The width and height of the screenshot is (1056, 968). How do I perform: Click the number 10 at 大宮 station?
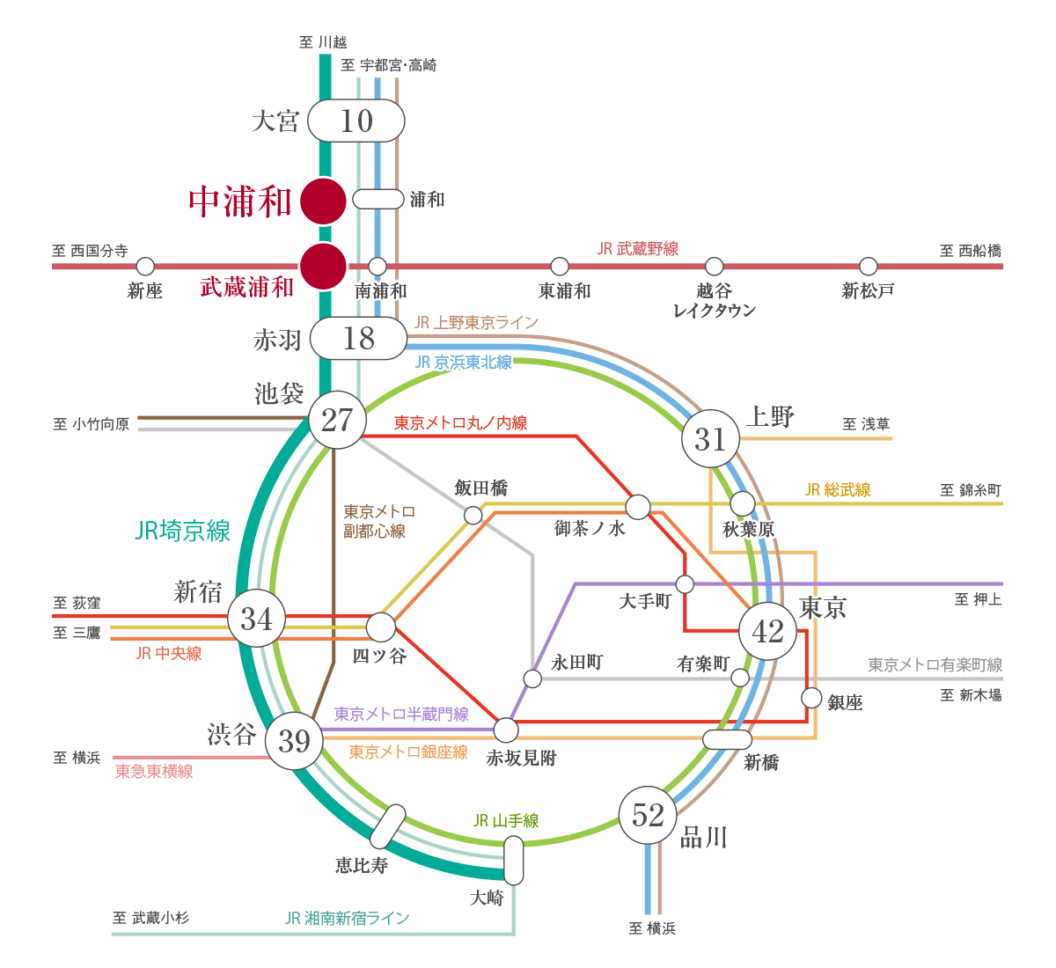(356, 121)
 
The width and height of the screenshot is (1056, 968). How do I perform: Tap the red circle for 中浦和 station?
(323, 201)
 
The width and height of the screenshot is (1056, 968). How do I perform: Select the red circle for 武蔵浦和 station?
(323, 266)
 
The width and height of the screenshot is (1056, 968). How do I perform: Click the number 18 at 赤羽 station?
(359, 339)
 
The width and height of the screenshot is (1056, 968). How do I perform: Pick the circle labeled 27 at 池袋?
(337, 421)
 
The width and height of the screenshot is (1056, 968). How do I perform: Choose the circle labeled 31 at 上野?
(710, 438)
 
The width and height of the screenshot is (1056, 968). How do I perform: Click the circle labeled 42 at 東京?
(767, 631)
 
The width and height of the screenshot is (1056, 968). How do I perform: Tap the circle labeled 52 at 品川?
(648, 815)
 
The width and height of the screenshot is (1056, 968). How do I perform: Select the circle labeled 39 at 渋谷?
(294, 741)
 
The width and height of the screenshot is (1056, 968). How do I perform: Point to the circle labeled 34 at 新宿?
(256, 619)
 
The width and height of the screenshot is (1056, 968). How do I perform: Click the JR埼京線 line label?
(182, 531)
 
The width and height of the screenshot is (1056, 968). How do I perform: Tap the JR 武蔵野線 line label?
(638, 249)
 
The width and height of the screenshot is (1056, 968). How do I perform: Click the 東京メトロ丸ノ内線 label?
(460, 423)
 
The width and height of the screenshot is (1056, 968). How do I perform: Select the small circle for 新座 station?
(145, 266)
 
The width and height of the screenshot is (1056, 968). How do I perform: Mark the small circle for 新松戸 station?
(869, 266)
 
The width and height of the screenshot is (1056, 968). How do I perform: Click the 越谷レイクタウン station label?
(714, 300)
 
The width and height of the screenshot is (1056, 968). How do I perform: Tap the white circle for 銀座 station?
(811, 698)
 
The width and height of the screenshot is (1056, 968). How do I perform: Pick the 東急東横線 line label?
(154, 772)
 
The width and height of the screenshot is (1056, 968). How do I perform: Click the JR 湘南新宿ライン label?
(348, 918)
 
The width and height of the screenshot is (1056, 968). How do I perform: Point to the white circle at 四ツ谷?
(380, 627)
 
